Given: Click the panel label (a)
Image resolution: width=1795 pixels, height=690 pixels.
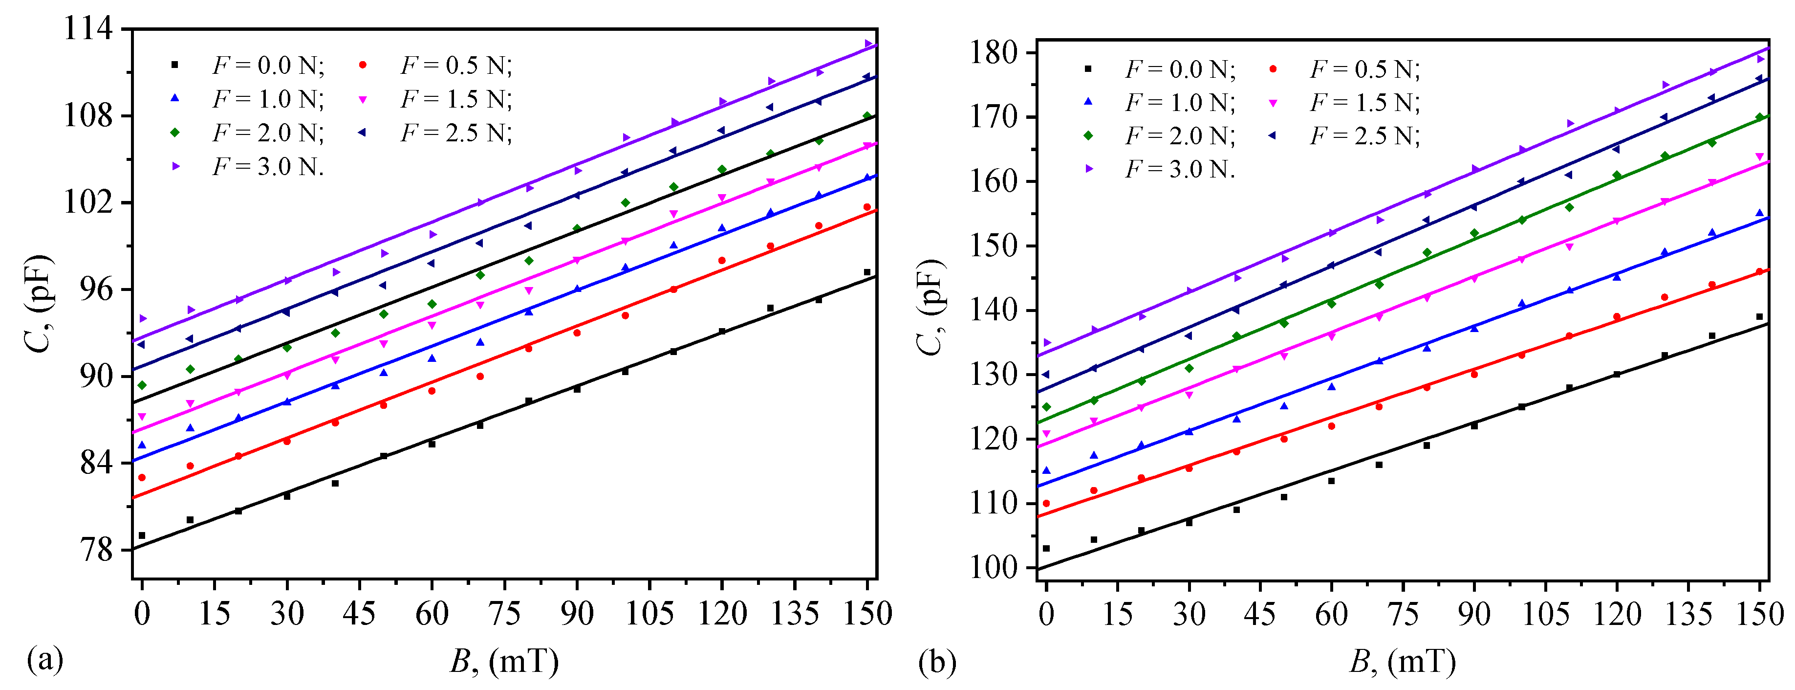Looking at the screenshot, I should click(x=44, y=659).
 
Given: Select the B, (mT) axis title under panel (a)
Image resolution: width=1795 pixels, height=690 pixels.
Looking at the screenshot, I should click(x=504, y=661).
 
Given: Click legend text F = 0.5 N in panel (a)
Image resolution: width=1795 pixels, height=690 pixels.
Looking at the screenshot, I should click(x=456, y=66).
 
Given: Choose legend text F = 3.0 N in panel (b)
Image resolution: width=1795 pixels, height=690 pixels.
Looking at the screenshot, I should click(x=1180, y=169).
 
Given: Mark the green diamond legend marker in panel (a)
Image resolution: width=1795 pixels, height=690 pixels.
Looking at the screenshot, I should click(x=175, y=133).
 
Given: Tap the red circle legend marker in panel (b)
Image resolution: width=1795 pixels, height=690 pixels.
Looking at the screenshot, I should click(x=1273, y=69).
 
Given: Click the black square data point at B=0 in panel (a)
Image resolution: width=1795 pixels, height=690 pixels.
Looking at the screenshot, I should click(x=142, y=535).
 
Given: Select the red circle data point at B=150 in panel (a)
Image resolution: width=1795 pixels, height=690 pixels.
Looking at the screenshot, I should click(x=867, y=207).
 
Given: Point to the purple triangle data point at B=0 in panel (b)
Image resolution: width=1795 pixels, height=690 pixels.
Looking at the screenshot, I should click(x=1047, y=342).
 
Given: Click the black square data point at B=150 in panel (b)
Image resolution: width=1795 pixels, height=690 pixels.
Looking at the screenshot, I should click(x=1759, y=317).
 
